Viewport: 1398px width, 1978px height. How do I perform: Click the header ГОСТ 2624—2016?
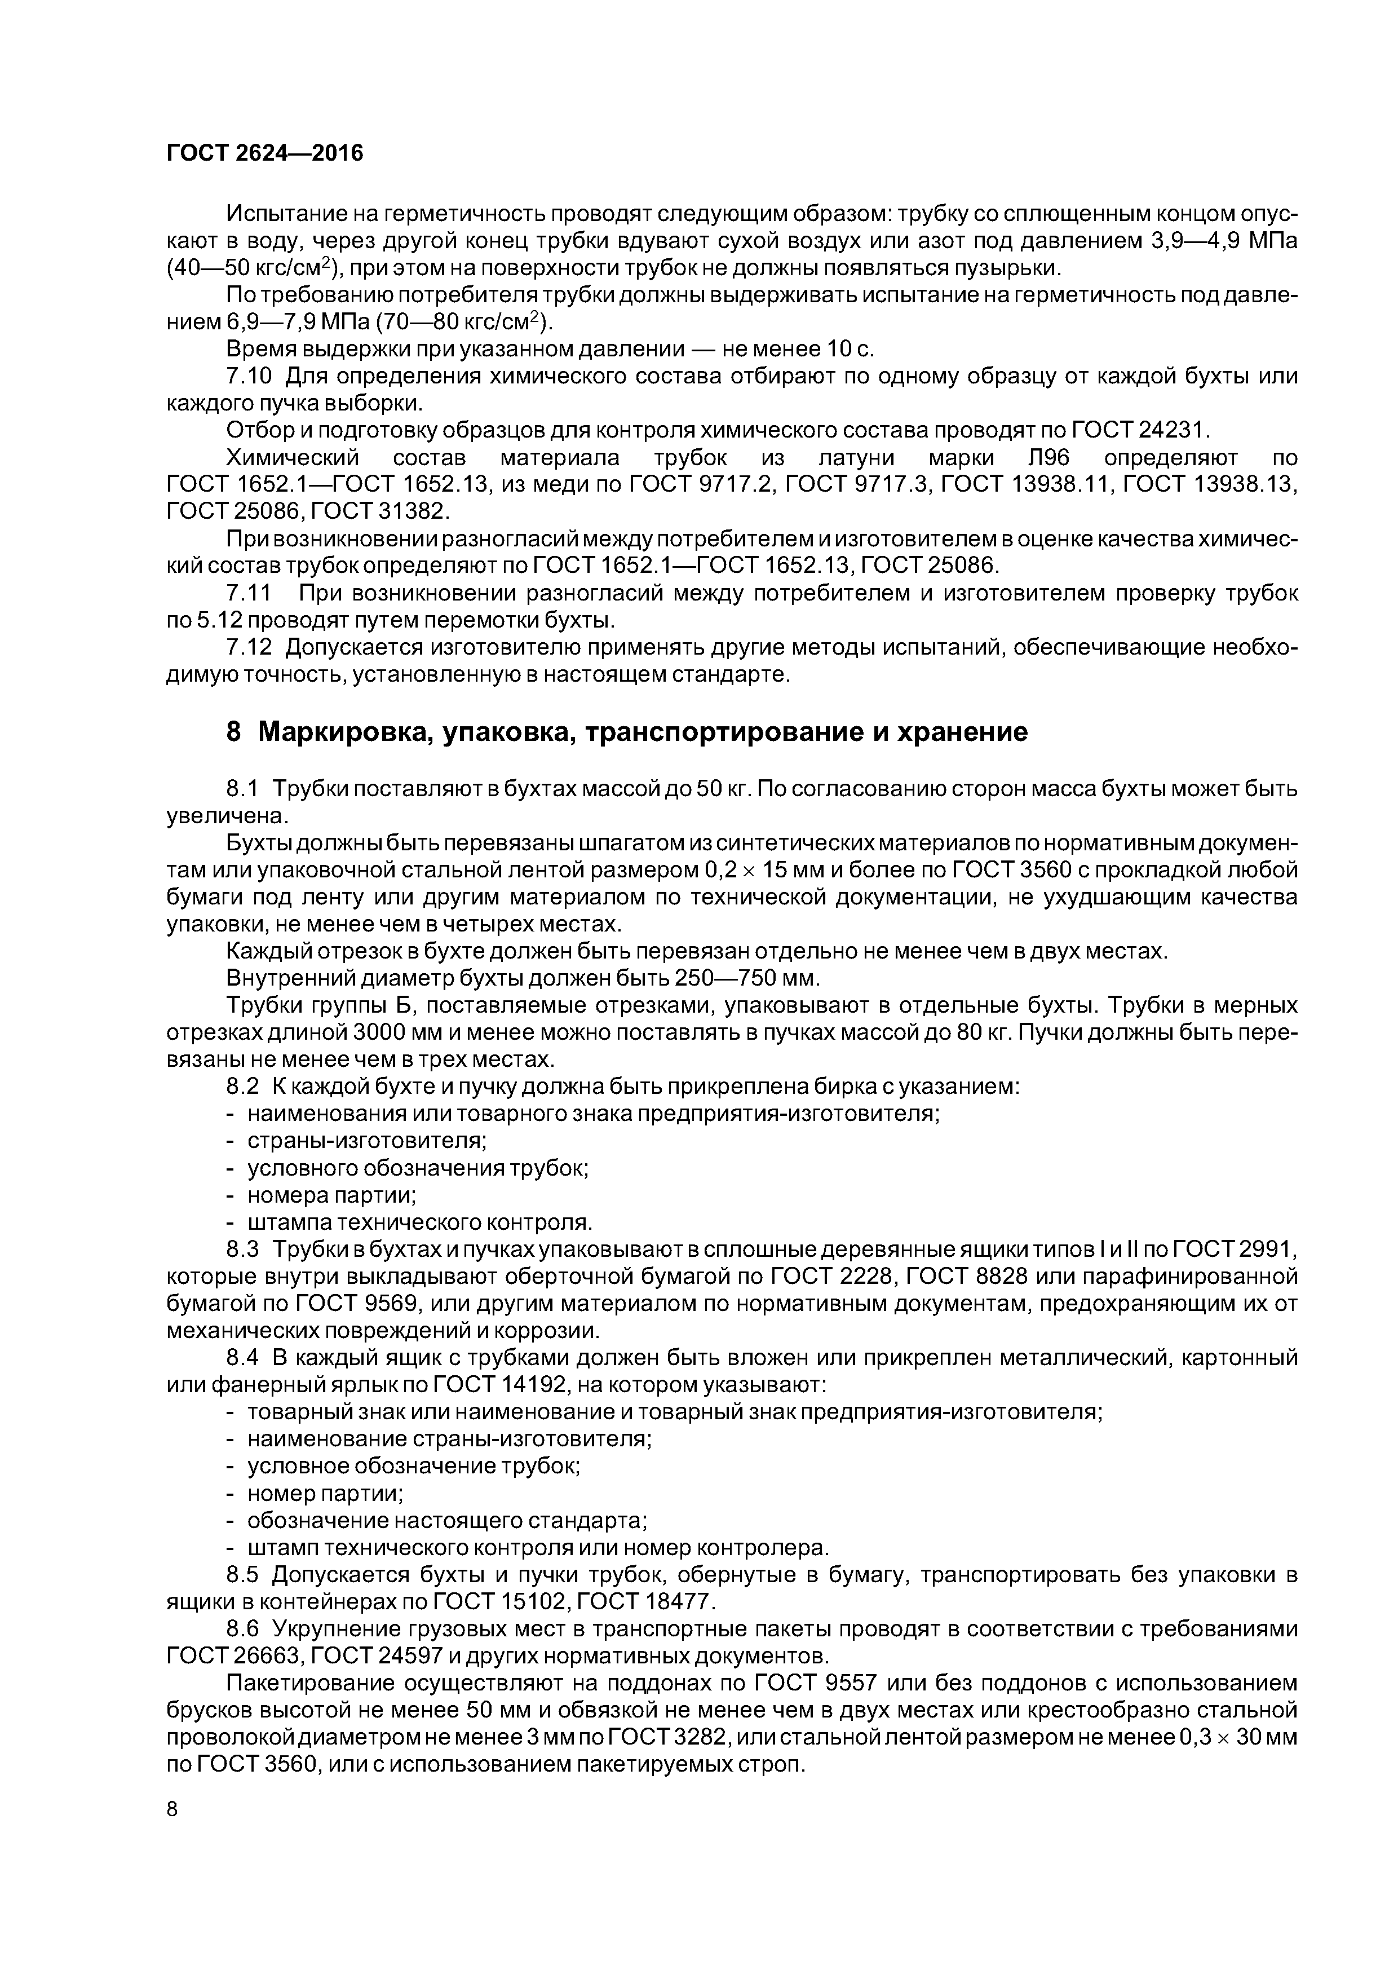point(264,153)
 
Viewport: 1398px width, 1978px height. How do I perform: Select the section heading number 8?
point(233,732)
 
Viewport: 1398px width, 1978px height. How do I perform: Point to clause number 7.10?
point(249,377)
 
